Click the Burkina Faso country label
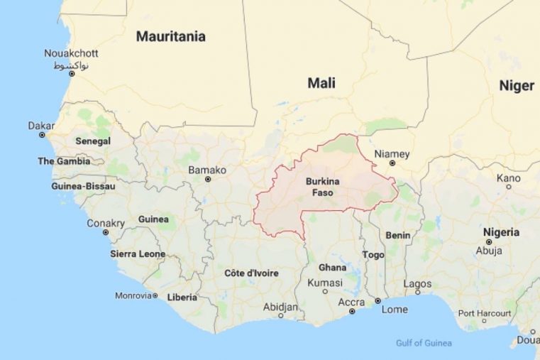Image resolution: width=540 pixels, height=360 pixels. point(319,187)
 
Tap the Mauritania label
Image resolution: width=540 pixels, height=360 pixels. point(171,36)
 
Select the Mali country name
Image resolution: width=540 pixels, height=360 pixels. point(321,83)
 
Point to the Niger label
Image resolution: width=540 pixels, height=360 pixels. point(517,86)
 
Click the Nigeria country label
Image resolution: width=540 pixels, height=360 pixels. point(501,232)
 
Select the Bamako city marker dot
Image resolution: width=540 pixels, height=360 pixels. point(208,179)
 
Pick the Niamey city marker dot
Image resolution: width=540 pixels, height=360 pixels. point(392,163)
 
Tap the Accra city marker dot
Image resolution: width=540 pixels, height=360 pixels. point(351,311)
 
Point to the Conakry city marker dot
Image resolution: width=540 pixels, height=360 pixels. point(106,232)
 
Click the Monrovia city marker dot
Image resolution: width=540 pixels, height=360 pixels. point(155,295)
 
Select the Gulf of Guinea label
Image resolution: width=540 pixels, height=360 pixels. point(424,344)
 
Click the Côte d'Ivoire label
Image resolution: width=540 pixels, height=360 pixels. point(251,273)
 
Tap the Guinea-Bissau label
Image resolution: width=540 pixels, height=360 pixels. point(79,186)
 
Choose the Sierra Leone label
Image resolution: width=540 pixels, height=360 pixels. point(138,253)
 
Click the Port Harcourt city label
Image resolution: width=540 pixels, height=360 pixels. point(485,313)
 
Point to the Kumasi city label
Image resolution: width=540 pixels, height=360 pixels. point(324,283)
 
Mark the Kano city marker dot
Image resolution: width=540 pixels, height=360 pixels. point(508,187)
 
